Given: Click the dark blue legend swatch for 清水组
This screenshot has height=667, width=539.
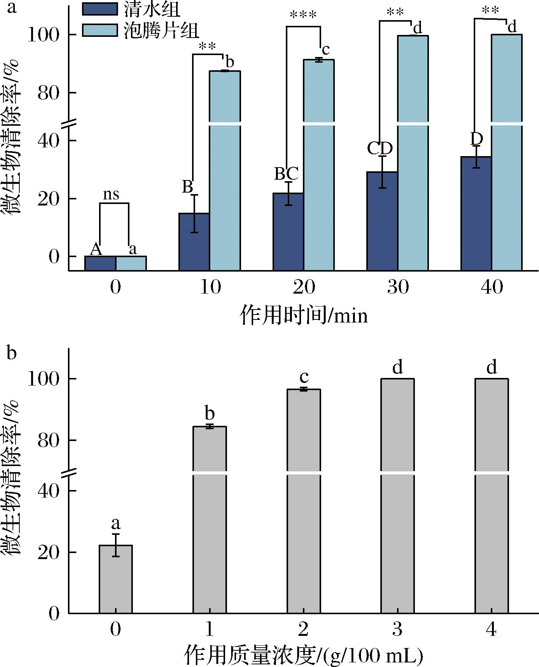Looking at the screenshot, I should pos(100,9).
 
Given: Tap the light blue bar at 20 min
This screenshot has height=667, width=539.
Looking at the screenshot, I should pos(319,171).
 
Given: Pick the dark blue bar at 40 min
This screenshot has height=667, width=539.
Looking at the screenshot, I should pos(476,213).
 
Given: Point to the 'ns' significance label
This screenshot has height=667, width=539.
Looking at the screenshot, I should pos(111,195).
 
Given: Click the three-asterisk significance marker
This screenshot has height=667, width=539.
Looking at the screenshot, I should pos(303,16).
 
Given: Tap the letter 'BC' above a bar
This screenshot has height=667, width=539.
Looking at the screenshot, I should pos(286,174).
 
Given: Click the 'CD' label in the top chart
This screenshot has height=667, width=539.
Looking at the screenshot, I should pos(380,149).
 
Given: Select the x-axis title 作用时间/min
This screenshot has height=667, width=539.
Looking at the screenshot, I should pos(304,316).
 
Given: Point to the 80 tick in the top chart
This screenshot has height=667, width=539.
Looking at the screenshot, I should pos(49,93).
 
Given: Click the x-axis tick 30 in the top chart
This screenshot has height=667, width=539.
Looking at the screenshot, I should pos(398,287).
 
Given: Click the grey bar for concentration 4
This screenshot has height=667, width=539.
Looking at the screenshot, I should pos(492,494).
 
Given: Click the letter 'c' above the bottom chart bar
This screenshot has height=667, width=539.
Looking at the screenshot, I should pos(304,377).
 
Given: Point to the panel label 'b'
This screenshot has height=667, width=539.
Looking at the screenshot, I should pos(12,353).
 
